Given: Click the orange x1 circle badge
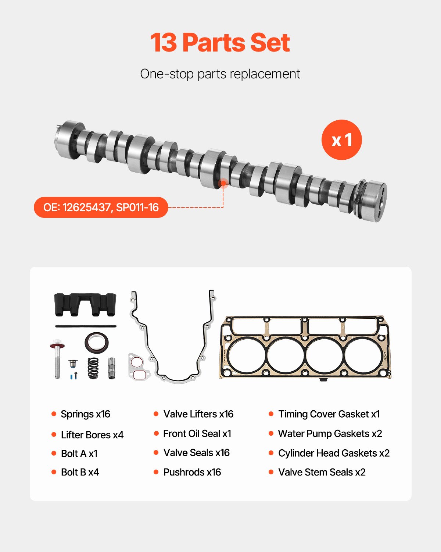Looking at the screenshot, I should [x=341, y=140].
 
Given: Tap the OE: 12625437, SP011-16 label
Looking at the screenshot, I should [x=101, y=208].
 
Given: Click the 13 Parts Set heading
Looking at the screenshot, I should [x=220, y=43].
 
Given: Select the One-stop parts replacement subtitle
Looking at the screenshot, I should [x=220, y=74].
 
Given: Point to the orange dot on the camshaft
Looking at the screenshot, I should [x=223, y=183].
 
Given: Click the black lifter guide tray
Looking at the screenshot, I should [x=85, y=304].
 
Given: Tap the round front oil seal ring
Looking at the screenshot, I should [x=97, y=342].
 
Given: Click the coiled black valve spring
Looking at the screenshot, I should [x=93, y=368].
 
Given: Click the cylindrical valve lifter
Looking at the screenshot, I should [x=112, y=368].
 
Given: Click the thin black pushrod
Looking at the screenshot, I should [x=86, y=326].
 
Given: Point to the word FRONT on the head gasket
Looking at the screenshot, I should [x=386, y=356].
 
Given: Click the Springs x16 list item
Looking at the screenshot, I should [x=85, y=414].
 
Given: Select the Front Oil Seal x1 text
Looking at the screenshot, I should [x=197, y=434].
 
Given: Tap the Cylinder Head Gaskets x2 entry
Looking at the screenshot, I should [x=334, y=453].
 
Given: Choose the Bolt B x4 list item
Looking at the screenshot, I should [x=80, y=472].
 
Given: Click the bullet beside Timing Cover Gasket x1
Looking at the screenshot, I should [x=271, y=414].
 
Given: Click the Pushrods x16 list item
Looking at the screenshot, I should [x=192, y=472].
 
